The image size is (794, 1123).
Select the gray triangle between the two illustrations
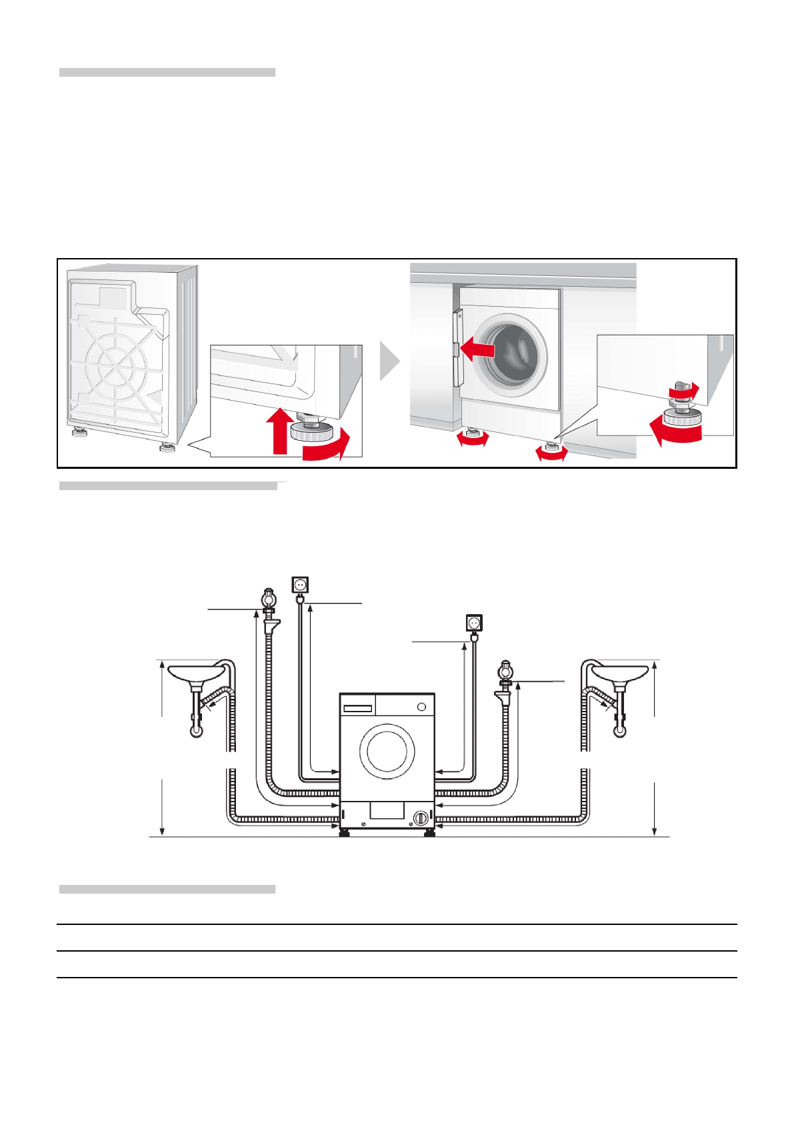pos(389,361)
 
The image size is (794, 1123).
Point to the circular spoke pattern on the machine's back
pos(117,364)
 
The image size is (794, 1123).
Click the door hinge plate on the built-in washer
pos(457,348)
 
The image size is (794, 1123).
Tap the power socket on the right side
pos(474,623)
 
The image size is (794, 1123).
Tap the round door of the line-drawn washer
pos(387,751)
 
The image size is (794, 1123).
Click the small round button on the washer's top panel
pos(421,707)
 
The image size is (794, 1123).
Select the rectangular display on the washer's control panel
pos(357,708)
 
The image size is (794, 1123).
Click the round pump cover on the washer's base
pos(420,818)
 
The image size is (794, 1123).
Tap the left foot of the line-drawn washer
pos(345,833)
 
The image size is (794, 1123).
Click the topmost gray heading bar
pos(167,72)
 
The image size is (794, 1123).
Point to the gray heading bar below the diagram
pos(167,889)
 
